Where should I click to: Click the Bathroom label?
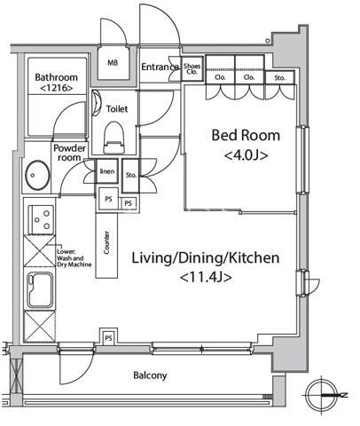[56, 77]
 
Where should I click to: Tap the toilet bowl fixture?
[114, 138]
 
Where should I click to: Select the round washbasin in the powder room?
[37, 175]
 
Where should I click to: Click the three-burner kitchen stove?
[41, 220]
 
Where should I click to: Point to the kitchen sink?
[41, 290]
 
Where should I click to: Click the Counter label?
[106, 242]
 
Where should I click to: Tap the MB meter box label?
[113, 63]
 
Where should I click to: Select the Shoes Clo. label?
[192, 68]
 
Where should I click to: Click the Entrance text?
[160, 67]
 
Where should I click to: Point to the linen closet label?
[107, 171]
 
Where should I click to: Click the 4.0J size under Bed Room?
[247, 155]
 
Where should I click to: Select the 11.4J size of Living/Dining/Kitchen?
[206, 278]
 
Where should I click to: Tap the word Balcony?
[150, 375]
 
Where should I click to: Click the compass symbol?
[322, 395]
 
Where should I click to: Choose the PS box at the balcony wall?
[108, 337]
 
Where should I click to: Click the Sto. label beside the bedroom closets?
[279, 78]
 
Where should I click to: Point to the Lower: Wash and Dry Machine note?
[74, 258]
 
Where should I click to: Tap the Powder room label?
[69, 153]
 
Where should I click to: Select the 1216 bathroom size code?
[56, 88]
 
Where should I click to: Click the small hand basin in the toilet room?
[97, 103]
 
